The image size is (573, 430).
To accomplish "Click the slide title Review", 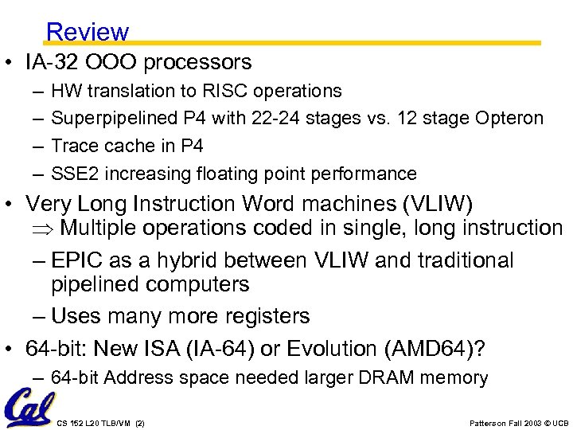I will (x=87, y=32).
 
